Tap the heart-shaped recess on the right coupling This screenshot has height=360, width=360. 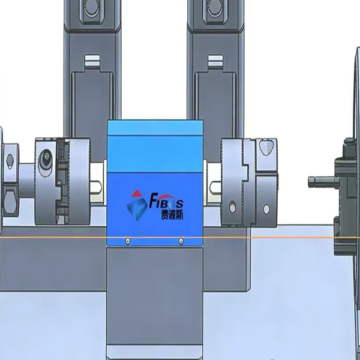pyautogui.click(x=268, y=146)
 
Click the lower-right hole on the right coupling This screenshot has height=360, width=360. pyautogui.click(x=268, y=208)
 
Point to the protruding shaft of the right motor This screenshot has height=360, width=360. pyautogui.click(x=319, y=181)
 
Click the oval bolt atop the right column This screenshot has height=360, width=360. pyautogui.click(x=214, y=7)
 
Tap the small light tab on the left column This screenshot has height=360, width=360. pyautogui.click(x=91, y=60)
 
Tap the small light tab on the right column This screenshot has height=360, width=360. pyautogui.click(x=214, y=60)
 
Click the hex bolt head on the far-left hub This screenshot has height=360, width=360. pyautogui.click(x=10, y=160)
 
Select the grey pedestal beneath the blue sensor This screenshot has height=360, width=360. pyautogui.click(x=154, y=300)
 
